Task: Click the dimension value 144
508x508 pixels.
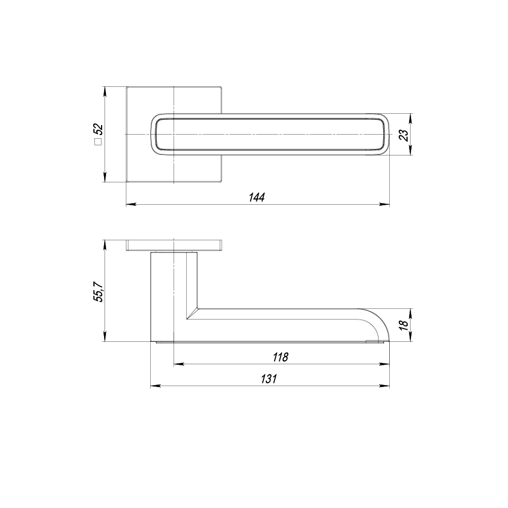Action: coord(257,197)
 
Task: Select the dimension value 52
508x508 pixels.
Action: coord(98,130)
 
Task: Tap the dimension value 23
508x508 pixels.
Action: coord(403,135)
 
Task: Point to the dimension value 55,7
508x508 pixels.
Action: coord(98,291)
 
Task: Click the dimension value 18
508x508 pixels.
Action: coord(403,325)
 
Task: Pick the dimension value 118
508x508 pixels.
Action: coord(280,357)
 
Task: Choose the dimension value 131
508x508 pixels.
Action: coord(269,379)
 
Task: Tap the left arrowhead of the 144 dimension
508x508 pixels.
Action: coord(130,204)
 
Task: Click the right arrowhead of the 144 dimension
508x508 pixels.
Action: coord(385,204)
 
